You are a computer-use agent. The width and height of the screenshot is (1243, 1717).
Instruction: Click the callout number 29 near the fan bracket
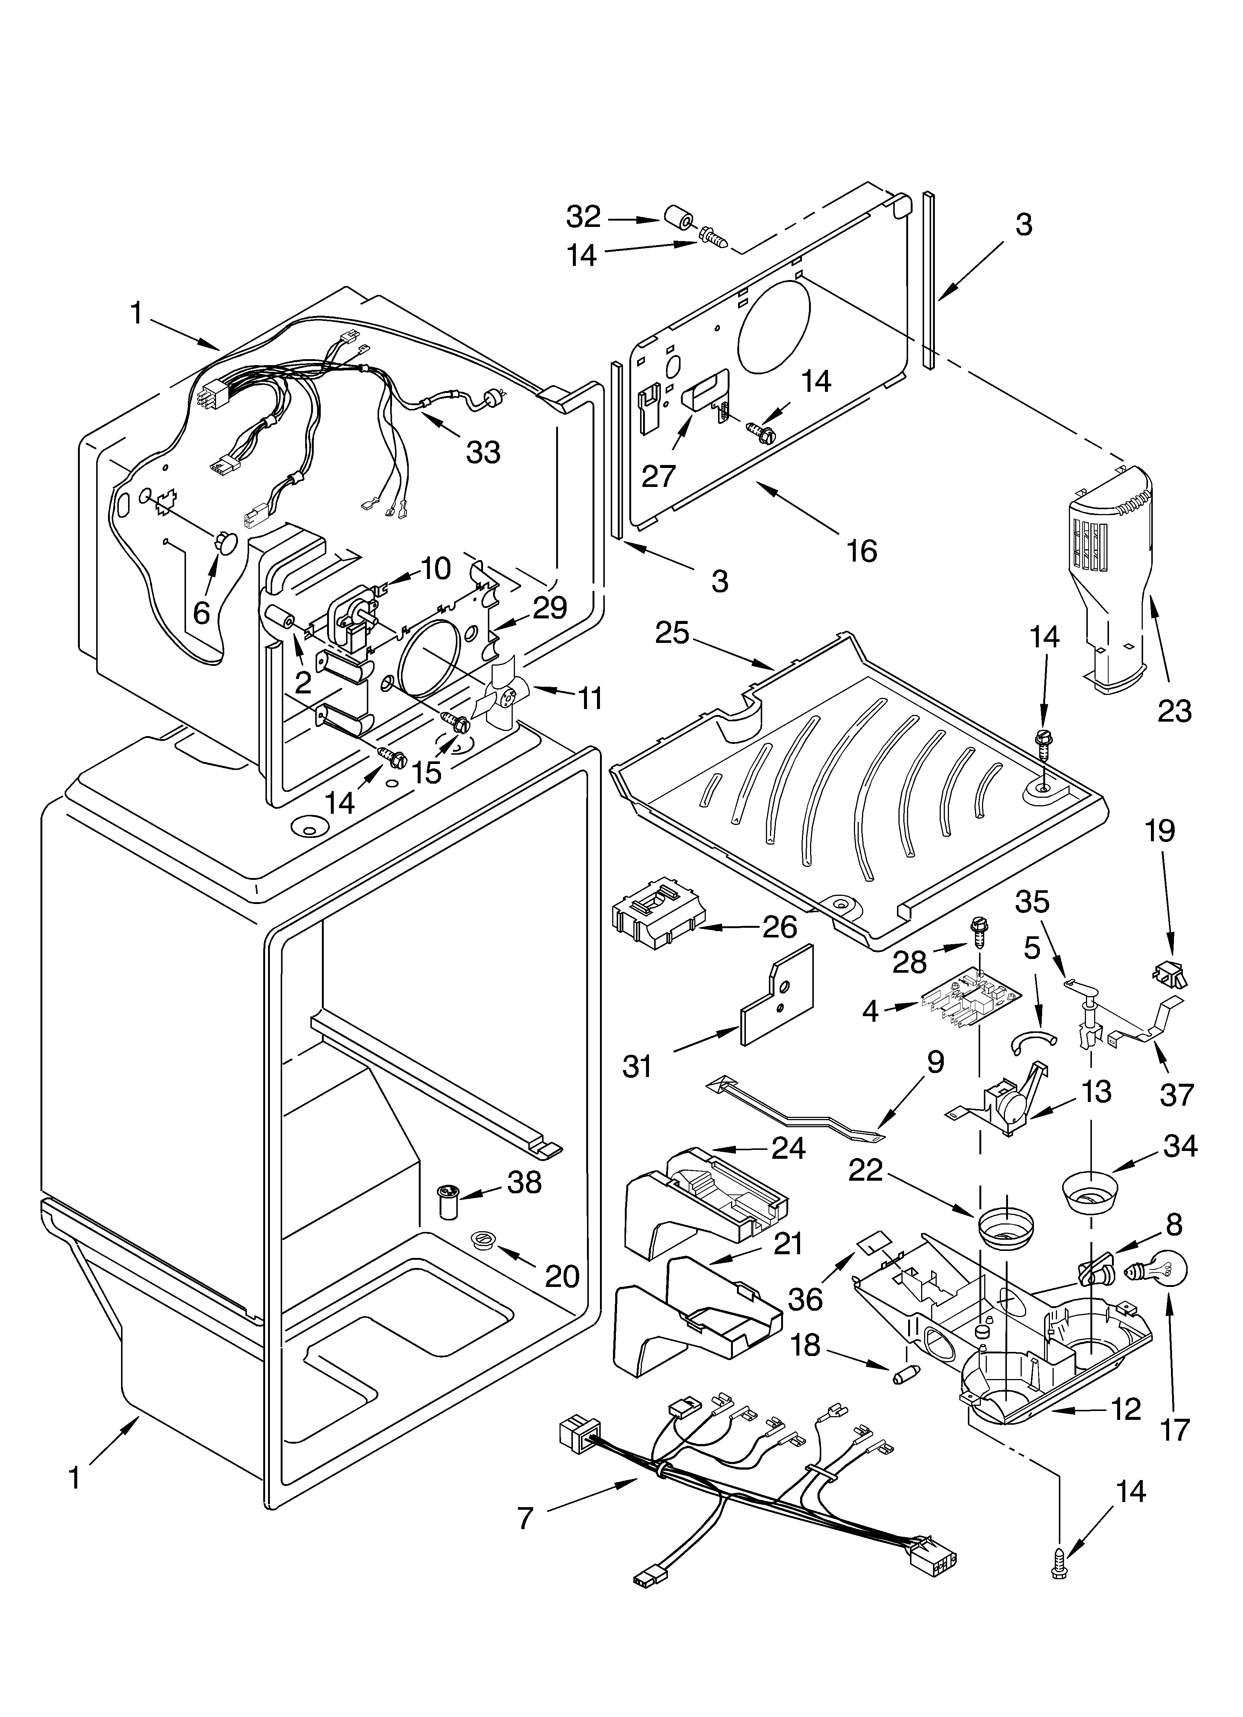(549, 607)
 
